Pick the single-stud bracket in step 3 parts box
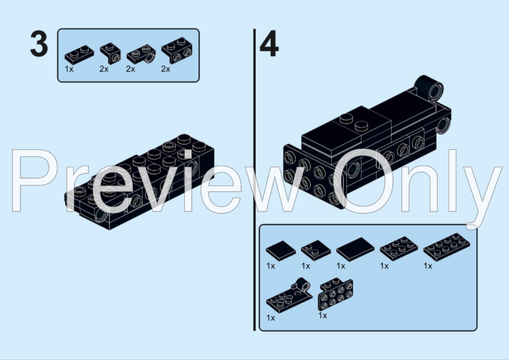109,53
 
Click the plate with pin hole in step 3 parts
141,54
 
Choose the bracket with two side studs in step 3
175,51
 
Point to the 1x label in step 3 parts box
69,69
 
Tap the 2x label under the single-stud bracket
103,69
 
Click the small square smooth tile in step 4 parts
280,249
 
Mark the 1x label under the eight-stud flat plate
428,266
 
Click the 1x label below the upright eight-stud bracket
323,315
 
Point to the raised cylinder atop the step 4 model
430,88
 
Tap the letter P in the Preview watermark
36,181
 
